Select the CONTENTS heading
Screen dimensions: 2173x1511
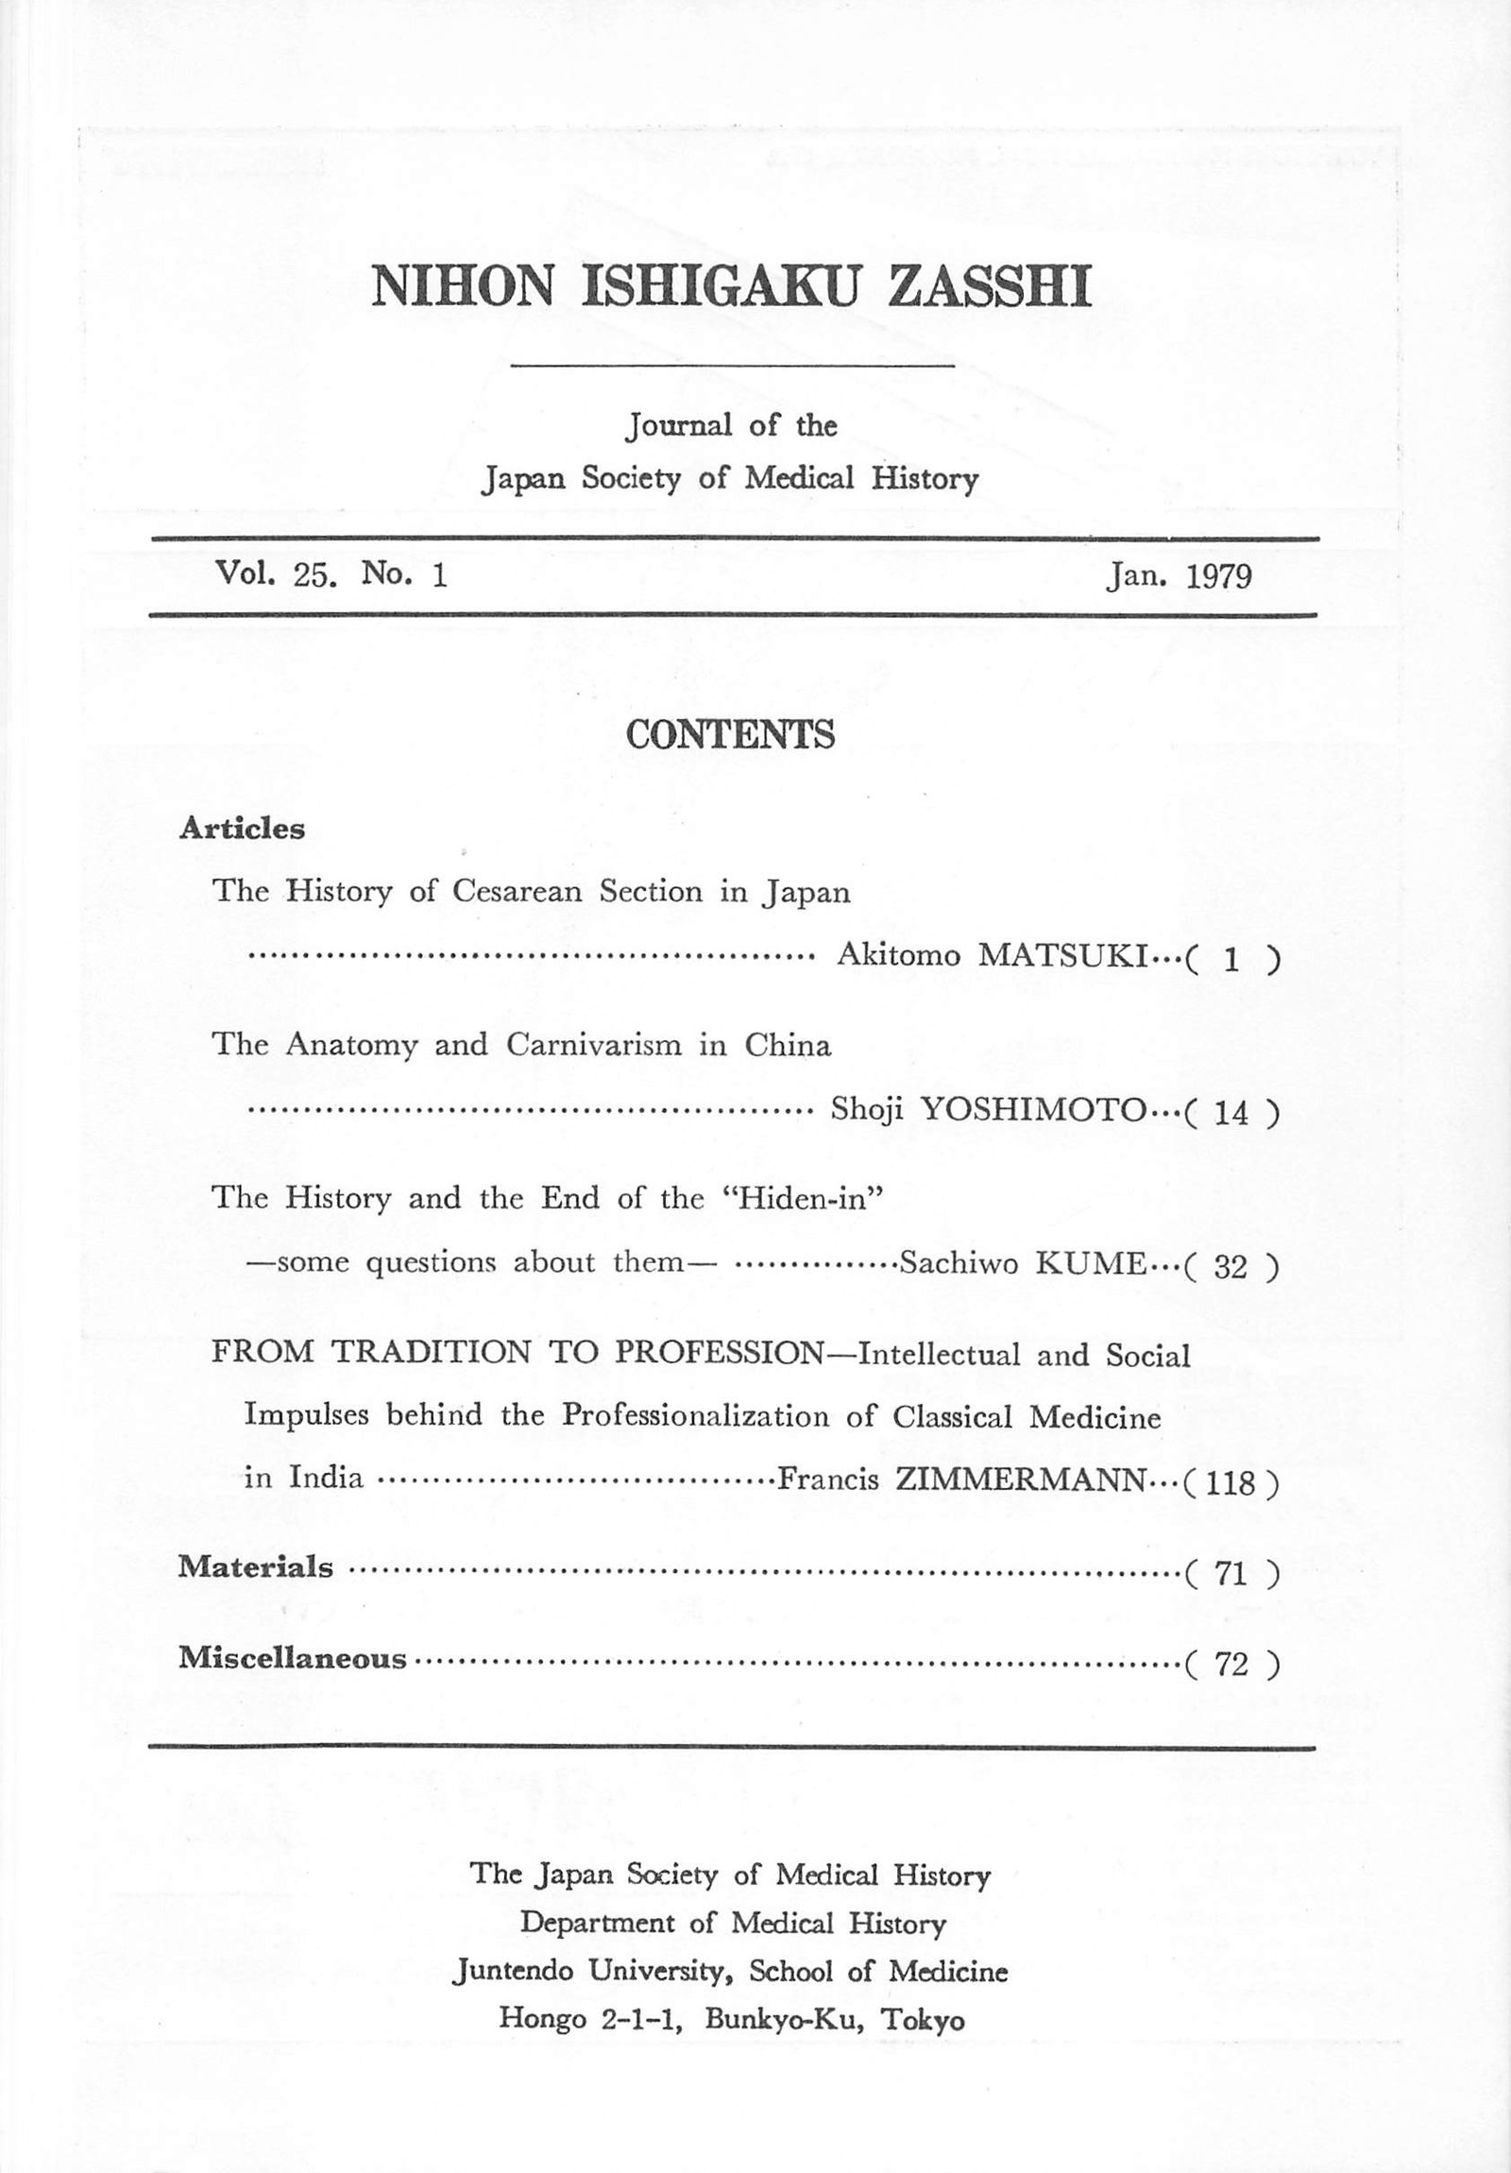point(730,734)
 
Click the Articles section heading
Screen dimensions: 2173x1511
point(242,830)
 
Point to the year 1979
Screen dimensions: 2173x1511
point(1218,576)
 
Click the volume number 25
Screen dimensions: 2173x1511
point(314,574)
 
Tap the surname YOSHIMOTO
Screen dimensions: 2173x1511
point(1033,1109)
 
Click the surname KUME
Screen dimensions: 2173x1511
point(1091,1263)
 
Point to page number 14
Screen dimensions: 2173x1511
point(1231,1112)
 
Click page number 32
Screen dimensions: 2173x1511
point(1231,1266)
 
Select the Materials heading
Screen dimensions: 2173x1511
point(256,1567)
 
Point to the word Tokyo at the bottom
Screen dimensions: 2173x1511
point(923,2020)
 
